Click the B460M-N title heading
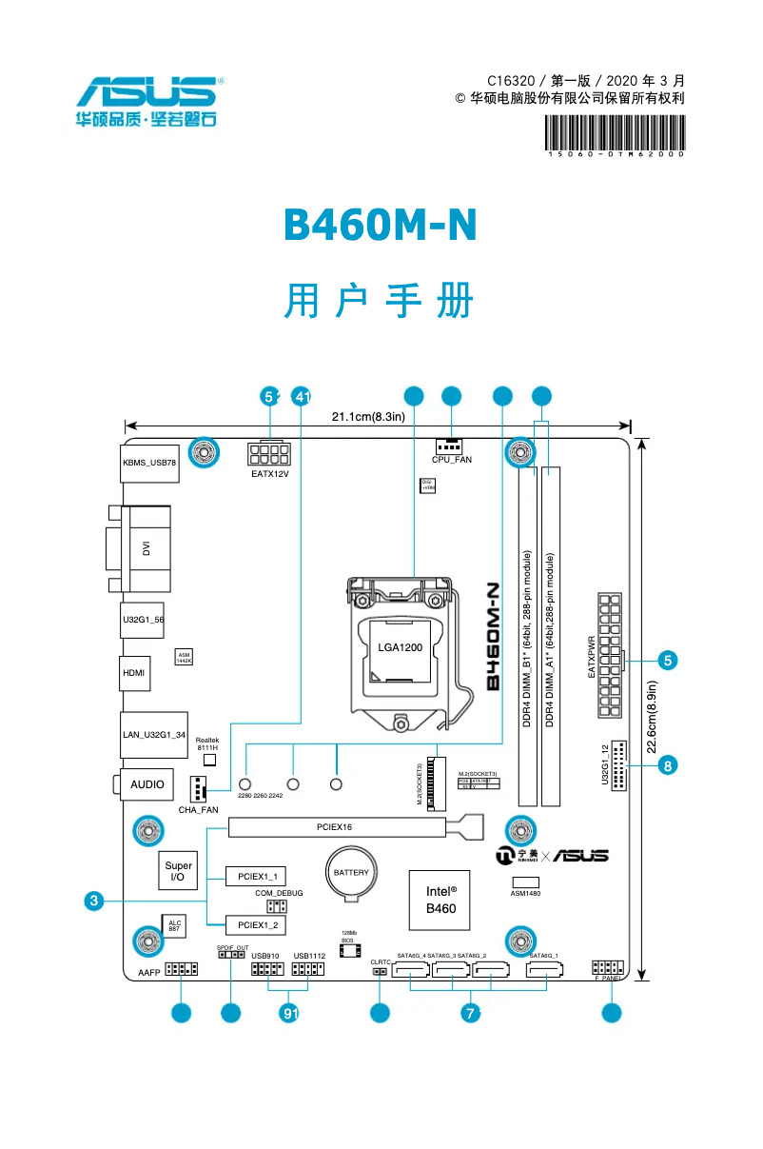click(x=380, y=225)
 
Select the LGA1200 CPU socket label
click(x=400, y=647)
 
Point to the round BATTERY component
click(x=351, y=873)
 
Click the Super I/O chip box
click(x=178, y=871)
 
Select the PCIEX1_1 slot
click(x=256, y=876)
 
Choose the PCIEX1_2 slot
click(x=256, y=924)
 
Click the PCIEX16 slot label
click(x=335, y=827)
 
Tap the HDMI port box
click(x=134, y=673)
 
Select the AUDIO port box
click(x=147, y=784)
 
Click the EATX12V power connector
click(x=269, y=454)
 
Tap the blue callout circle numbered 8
click(x=668, y=764)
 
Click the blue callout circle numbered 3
click(x=92, y=901)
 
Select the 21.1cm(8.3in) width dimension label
click(x=368, y=416)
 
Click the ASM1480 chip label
click(x=525, y=894)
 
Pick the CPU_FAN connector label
click(x=451, y=460)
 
